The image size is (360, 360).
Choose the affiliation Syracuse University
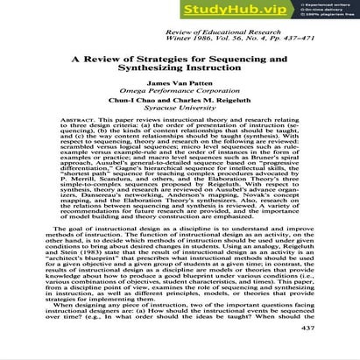click(x=179, y=114)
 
